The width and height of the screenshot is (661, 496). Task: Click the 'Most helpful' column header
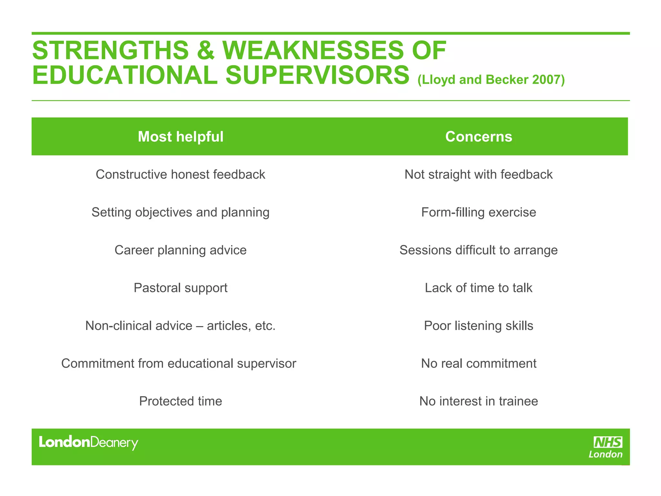[x=180, y=137]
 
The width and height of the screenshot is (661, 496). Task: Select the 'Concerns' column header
[x=478, y=137]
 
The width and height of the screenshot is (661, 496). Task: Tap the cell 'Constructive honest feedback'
[x=180, y=174]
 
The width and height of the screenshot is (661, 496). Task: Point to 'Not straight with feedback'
[x=478, y=174]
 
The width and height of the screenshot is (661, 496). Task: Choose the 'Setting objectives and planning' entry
[x=180, y=212]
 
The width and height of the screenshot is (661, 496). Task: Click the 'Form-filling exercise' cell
[x=478, y=212]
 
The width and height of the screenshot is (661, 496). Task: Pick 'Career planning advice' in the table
[x=180, y=250]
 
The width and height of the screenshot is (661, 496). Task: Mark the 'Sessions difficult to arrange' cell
[x=478, y=250]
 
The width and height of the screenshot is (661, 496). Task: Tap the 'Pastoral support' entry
[x=180, y=288]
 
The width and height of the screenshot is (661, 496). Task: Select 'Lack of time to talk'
[x=478, y=288]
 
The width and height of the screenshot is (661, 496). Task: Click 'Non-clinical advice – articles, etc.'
[x=180, y=326]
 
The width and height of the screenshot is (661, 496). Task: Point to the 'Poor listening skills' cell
[x=478, y=326]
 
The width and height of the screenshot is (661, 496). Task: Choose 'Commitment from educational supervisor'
[x=178, y=364]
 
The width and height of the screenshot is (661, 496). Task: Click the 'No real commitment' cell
[x=478, y=364]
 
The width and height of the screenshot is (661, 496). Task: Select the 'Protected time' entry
[x=180, y=401]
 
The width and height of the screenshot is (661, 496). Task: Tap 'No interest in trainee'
[x=478, y=401]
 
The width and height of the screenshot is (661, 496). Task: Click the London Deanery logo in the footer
[x=88, y=442]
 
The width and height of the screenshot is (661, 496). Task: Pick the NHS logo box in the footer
[x=608, y=442]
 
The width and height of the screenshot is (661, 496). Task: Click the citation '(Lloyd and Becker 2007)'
[x=491, y=80]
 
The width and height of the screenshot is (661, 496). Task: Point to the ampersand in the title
[x=205, y=51]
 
